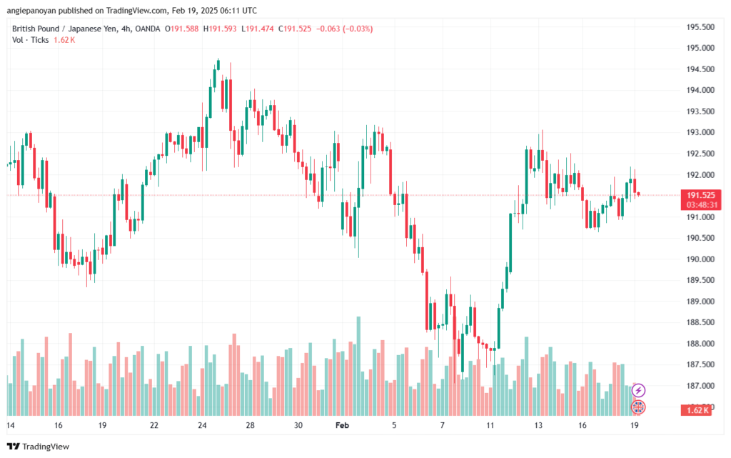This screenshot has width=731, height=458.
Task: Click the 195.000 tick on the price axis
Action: click(700, 48)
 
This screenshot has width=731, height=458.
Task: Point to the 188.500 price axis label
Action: click(700, 322)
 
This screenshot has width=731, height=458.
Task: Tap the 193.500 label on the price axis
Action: click(700, 111)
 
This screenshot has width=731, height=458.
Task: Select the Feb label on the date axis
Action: click(343, 424)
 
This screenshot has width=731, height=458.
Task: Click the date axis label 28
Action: click(250, 424)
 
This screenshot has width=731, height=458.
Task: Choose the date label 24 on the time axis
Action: click(203, 424)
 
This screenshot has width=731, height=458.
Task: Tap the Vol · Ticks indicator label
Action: click(31, 40)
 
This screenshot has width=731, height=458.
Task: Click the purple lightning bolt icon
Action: click(639, 390)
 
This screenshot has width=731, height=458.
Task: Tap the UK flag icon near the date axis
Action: click(639, 407)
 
